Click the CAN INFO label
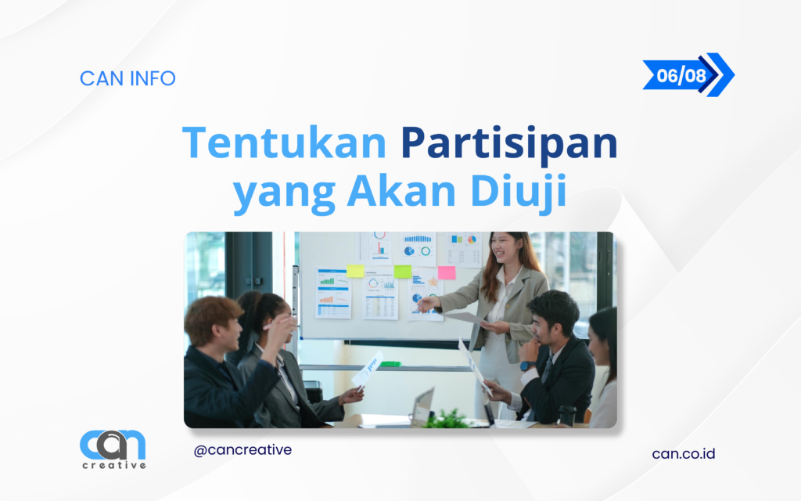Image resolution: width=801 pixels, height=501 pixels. (x=128, y=78)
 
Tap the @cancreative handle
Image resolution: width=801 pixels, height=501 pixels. (x=242, y=450)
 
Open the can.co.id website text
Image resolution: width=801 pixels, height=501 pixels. (x=684, y=453)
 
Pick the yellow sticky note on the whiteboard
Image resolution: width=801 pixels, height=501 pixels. (x=355, y=271)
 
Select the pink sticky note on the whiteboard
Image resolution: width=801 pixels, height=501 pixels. (x=447, y=272)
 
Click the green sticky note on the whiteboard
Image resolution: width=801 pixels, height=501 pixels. (x=403, y=271)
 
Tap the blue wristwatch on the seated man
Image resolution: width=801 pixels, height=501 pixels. (x=525, y=366)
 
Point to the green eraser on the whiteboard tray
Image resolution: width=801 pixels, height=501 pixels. (x=390, y=363)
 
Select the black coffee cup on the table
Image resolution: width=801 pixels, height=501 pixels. (x=566, y=416)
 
